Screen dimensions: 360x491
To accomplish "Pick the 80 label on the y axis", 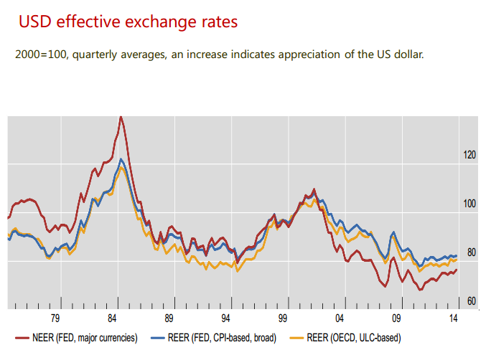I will pos(469,252).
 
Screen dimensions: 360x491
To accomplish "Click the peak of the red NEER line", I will pos(120,116).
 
